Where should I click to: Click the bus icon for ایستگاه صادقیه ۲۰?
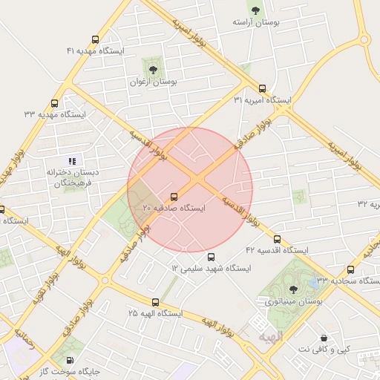pyautogui.click(x=174, y=197)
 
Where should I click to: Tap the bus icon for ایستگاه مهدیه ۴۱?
pyautogui.click(x=95, y=39)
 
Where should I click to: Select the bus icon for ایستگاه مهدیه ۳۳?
pyautogui.click(x=54, y=104)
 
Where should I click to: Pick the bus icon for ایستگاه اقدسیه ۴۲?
pyautogui.click(x=277, y=240)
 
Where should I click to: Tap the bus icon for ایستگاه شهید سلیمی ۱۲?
pyautogui.click(x=211, y=257)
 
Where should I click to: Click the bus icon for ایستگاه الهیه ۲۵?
pyautogui.click(x=155, y=302)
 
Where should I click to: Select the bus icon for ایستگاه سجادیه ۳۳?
pyautogui.click(x=350, y=270)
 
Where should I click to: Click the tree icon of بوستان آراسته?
pyautogui.click(x=256, y=10)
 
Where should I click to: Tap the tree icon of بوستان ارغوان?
pyautogui.click(x=154, y=69)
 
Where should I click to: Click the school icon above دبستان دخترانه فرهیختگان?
pyautogui.click(x=72, y=160)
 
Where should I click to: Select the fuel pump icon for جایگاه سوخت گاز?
pyautogui.click(x=71, y=359)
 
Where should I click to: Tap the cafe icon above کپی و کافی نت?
pyautogui.click(x=323, y=338)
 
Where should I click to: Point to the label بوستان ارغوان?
pyautogui.click(x=154, y=82)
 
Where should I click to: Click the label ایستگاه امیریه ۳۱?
pyautogui.click(x=263, y=99)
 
